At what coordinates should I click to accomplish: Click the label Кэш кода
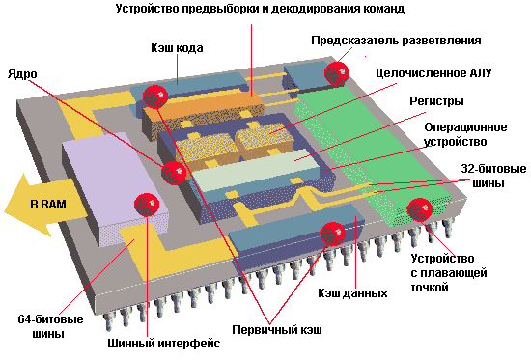177,48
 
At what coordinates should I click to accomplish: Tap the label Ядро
22,74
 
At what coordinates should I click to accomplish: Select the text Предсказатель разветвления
396,41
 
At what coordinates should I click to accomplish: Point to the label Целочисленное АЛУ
433,73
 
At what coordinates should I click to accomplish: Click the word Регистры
436,101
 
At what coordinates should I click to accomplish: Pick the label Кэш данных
352,293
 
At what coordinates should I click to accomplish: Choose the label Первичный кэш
277,329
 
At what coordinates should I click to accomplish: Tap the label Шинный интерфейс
164,344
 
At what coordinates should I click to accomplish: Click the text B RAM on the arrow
48,205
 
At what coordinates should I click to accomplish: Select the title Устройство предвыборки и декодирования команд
260,9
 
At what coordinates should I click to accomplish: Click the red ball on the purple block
147,205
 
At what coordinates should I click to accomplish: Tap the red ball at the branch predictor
337,73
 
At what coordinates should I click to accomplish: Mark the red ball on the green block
420,210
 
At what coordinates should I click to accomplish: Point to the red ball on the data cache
333,234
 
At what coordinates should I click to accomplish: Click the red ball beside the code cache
155,97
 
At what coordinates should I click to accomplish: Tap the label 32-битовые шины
493,176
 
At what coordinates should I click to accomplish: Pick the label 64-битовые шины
50,326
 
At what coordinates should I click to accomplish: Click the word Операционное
465,127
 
